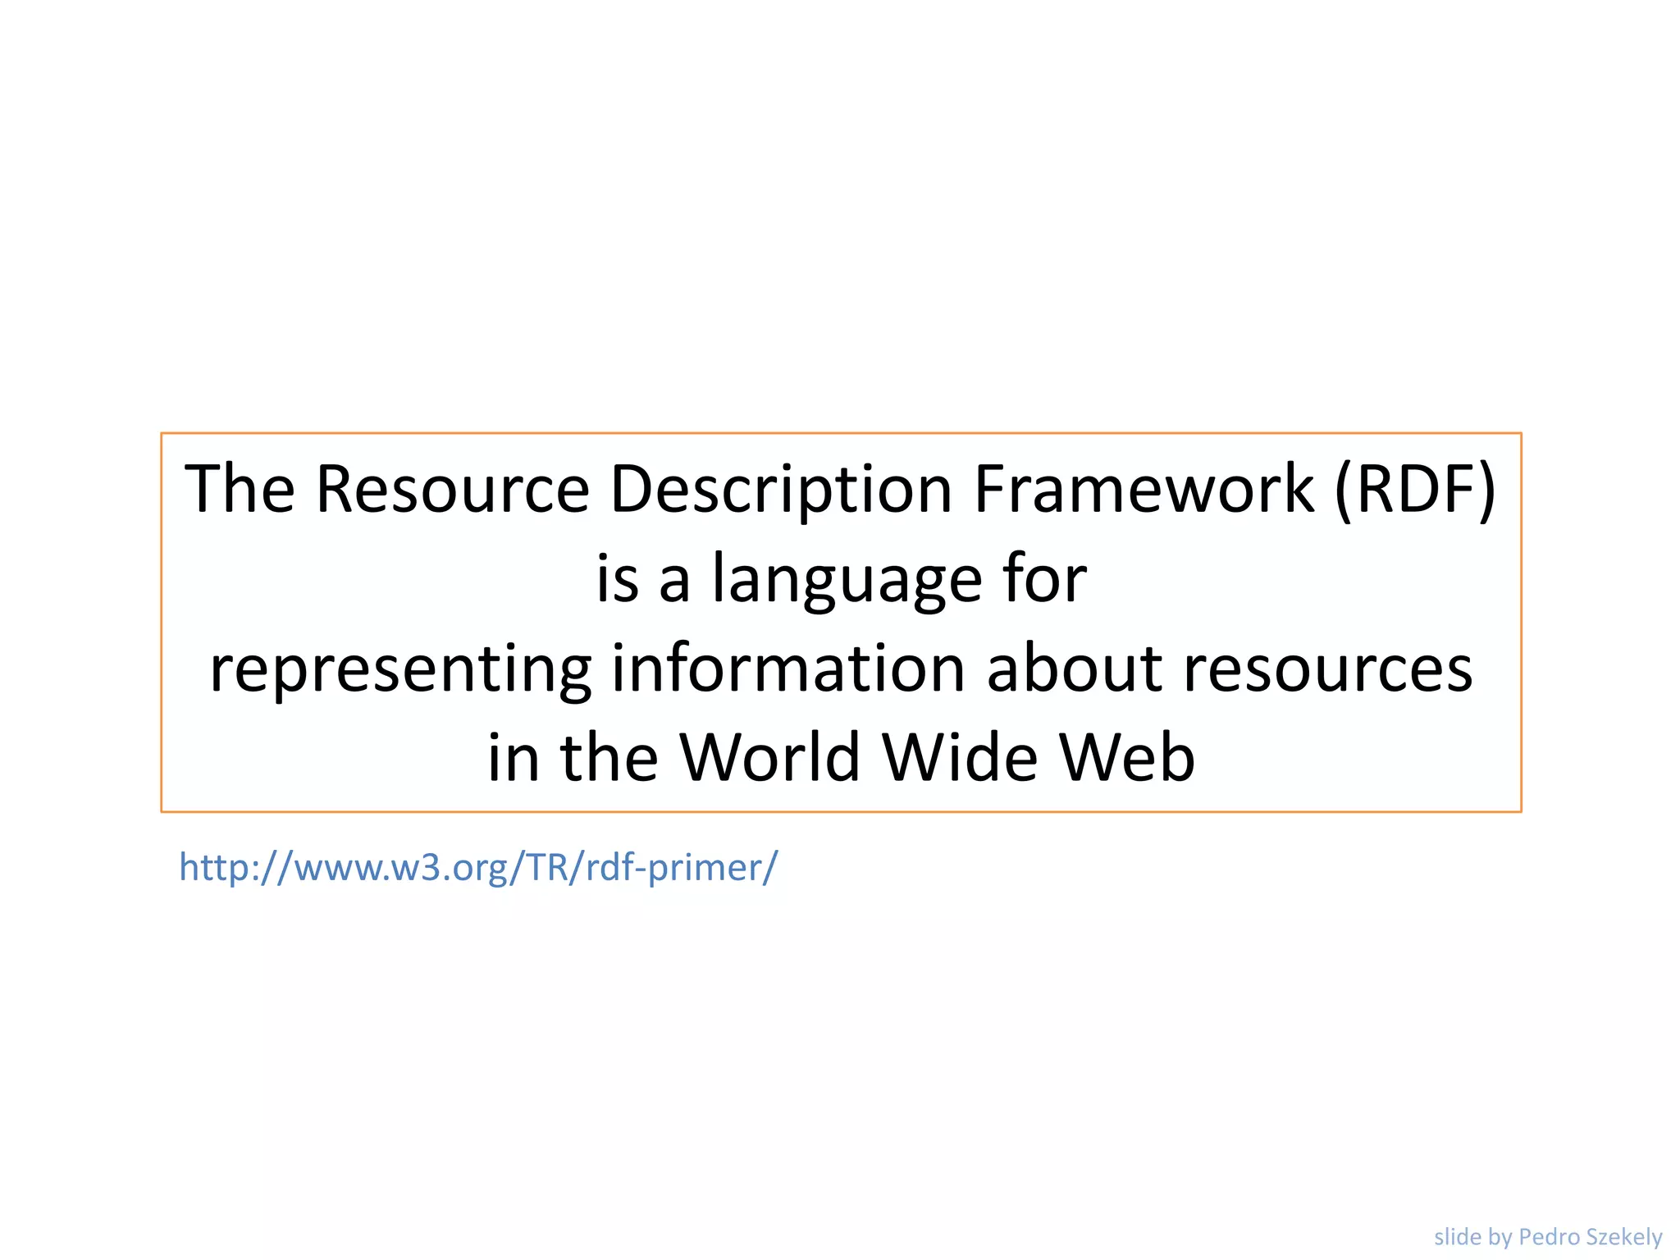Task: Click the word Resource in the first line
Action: click(x=452, y=490)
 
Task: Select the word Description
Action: click(x=781, y=490)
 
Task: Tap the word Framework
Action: click(x=1144, y=490)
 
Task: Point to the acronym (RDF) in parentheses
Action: click(x=1416, y=490)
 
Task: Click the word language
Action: click(x=847, y=580)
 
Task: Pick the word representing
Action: click(x=400, y=669)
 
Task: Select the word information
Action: click(x=788, y=669)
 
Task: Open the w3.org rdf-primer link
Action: click(x=478, y=868)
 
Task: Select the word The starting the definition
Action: click(x=240, y=490)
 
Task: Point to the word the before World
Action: click(x=609, y=757)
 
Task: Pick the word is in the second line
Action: click(x=617, y=580)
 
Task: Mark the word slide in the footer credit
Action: click(x=1457, y=1236)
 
